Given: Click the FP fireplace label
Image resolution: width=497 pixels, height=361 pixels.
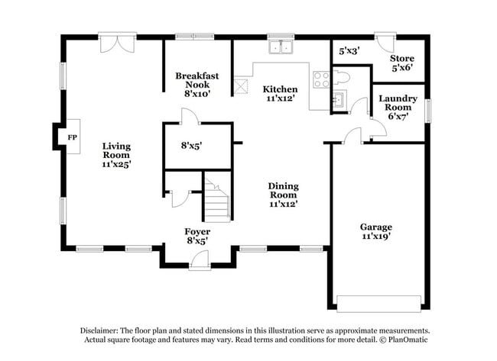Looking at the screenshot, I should tap(73, 137).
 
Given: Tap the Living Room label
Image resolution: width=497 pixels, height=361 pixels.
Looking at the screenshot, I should tap(117, 154).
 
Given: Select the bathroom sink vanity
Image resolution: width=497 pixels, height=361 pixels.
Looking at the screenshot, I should tap(339, 99).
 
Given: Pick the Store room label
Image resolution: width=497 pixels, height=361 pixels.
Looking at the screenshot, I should tap(402, 63).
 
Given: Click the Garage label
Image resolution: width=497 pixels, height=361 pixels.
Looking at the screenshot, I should tap(376, 232).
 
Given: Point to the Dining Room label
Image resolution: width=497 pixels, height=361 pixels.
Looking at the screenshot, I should tap(283, 195).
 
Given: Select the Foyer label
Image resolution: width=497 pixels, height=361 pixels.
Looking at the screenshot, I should tap(197, 236).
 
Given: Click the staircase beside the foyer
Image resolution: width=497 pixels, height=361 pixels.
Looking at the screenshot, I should tap(216, 200).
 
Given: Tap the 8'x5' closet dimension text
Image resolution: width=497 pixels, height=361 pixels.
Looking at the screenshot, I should tap(192, 144).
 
